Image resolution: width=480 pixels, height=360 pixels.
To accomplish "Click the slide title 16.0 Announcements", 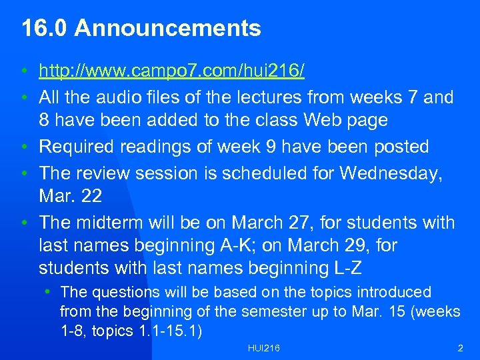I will (x=141, y=29).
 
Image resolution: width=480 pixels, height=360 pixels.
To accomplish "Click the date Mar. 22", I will (x=69, y=196).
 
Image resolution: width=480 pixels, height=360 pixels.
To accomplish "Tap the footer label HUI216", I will (x=263, y=349).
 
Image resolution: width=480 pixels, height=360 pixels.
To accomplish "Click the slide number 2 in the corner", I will (x=460, y=349).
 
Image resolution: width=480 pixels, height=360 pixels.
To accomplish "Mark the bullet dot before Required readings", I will (x=25, y=147).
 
